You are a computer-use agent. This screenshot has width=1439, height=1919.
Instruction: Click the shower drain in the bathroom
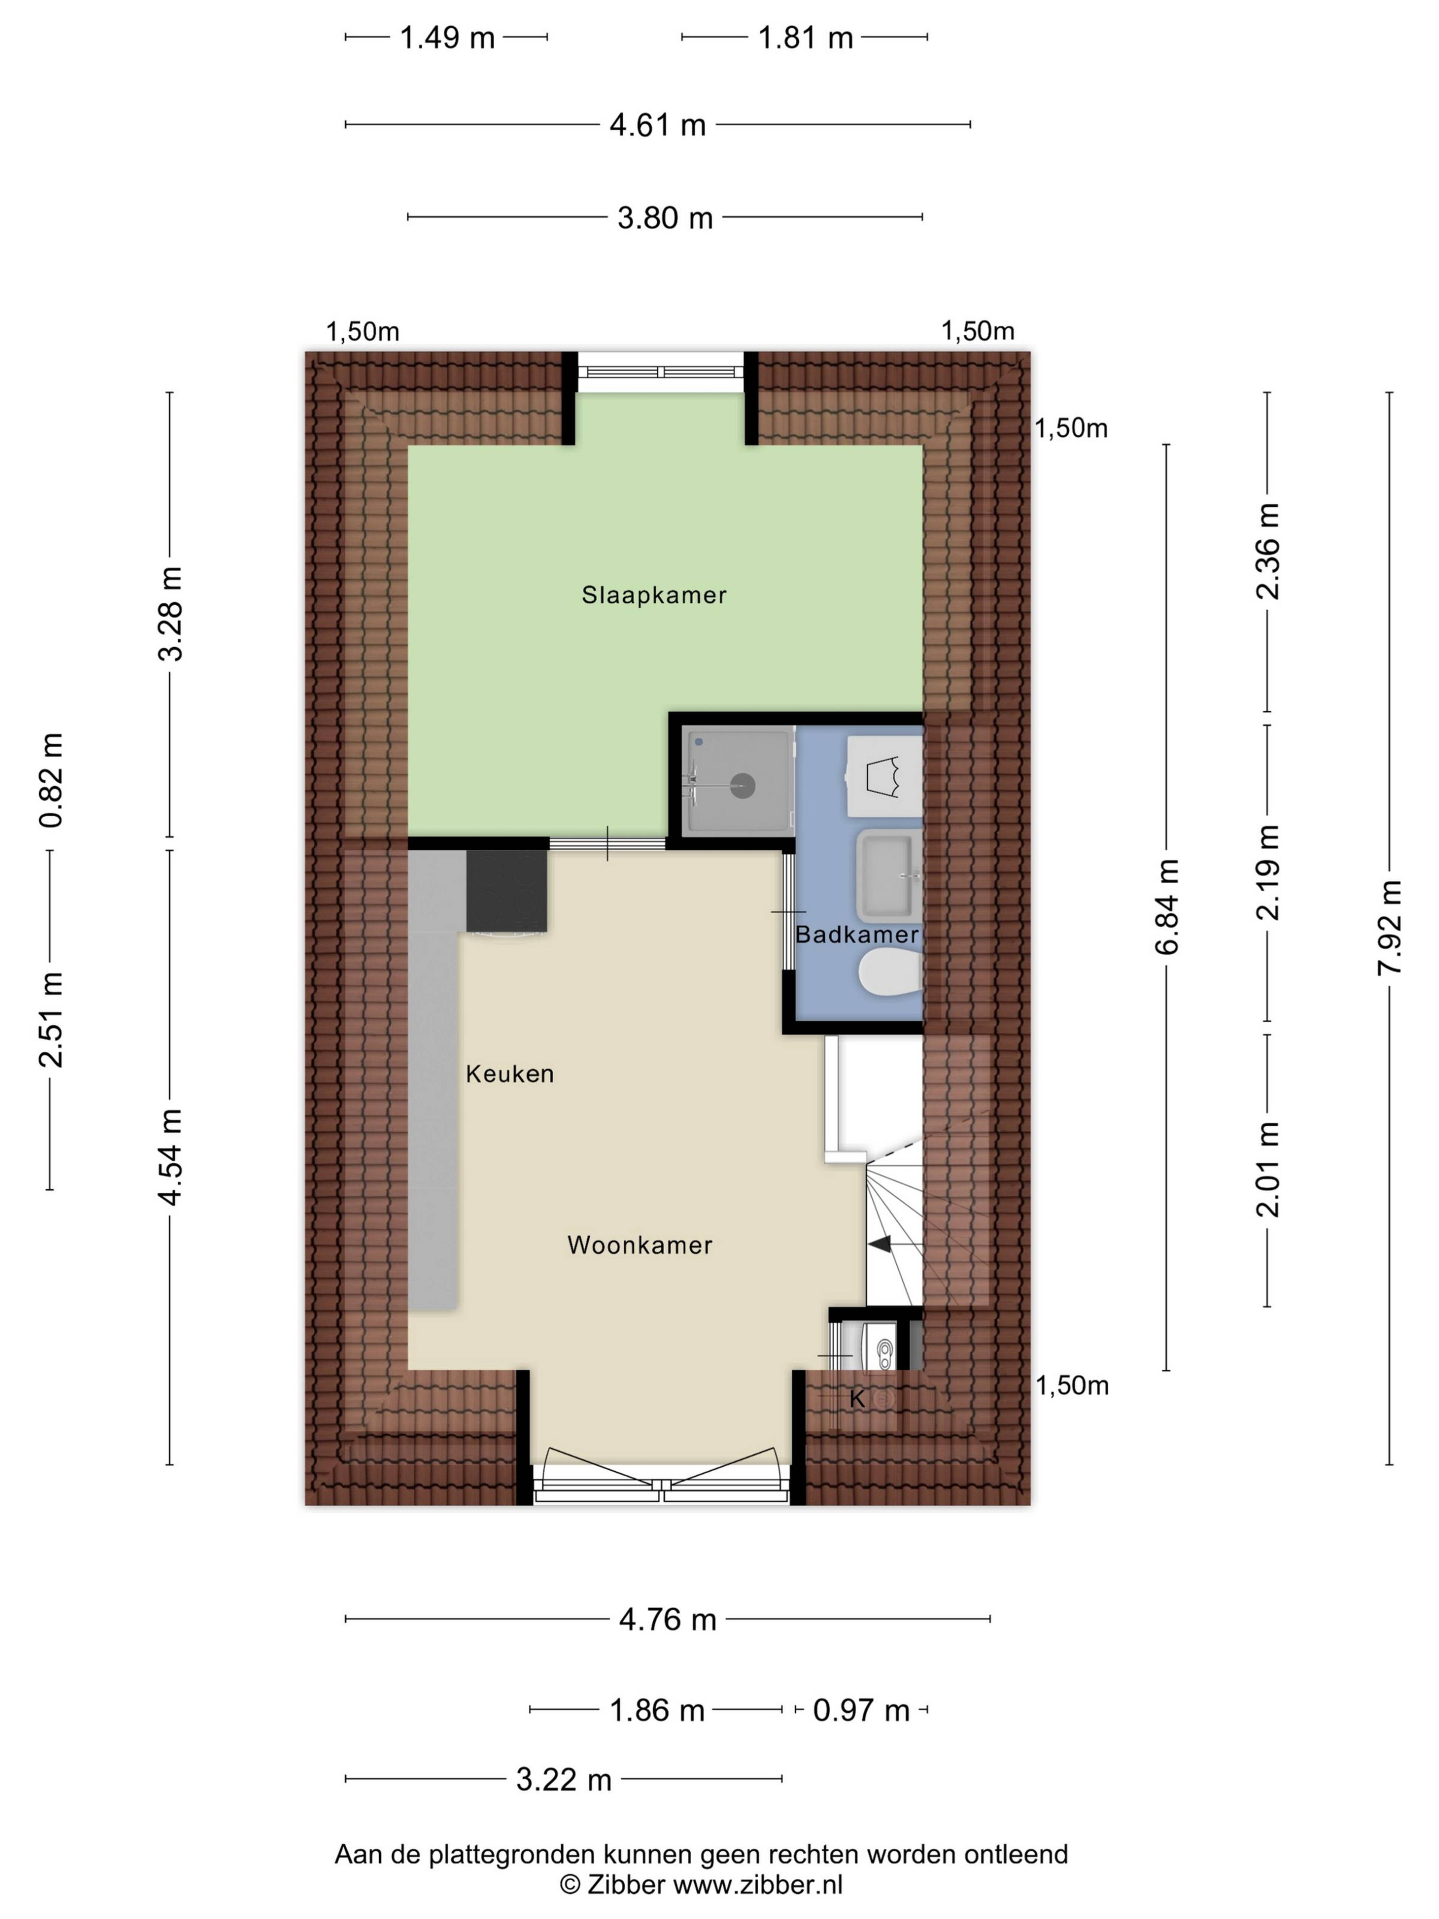pyautogui.click(x=742, y=786)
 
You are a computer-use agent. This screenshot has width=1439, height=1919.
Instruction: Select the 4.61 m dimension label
pyautogui.click(x=658, y=125)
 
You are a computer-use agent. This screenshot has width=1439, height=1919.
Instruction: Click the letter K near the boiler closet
pyautogui.click(x=857, y=1398)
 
